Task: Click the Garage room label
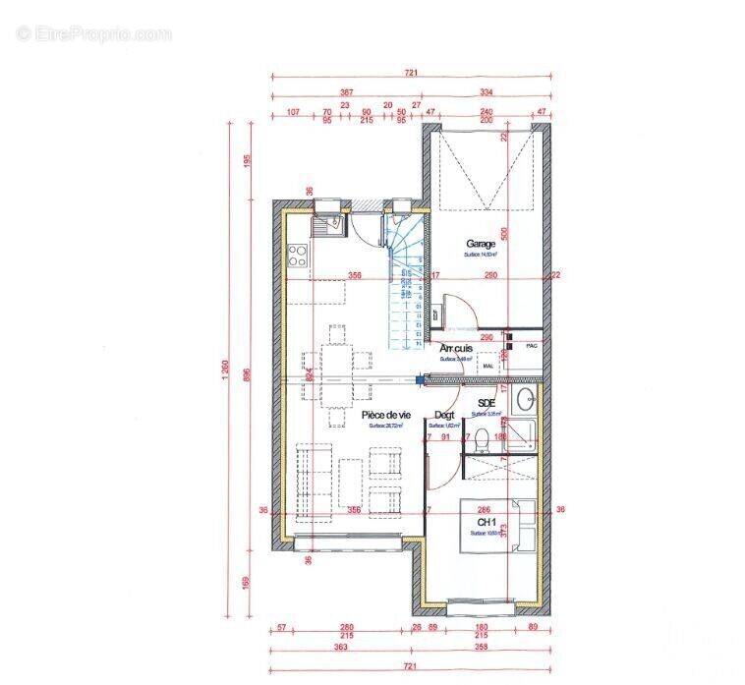(x=481, y=244)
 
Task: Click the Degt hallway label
(x=444, y=416)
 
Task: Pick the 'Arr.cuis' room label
(x=457, y=349)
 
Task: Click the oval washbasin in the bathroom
(x=527, y=398)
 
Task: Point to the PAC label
(x=532, y=346)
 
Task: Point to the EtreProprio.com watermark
(x=93, y=34)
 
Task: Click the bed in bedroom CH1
(x=496, y=527)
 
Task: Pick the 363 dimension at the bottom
(x=339, y=648)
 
